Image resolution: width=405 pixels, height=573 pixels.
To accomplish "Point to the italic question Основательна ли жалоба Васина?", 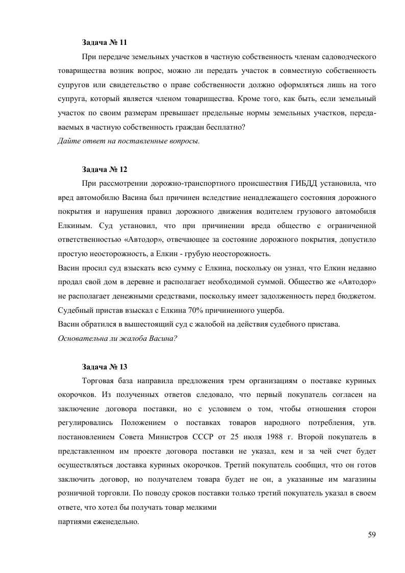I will point(117,338).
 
